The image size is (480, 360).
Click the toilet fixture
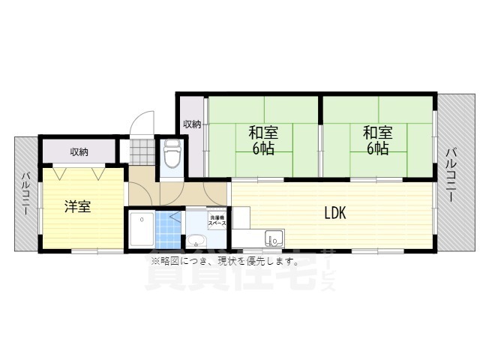(171, 154)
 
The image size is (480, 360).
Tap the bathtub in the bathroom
(139, 229)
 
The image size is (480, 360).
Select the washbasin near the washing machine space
(197, 240)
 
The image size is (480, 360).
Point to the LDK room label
(334, 213)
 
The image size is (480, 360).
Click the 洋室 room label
(77, 206)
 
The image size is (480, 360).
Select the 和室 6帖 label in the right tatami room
(376, 140)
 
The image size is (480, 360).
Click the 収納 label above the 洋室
(79, 151)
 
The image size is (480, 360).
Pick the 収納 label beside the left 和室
(192, 124)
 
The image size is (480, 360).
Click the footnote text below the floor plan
(225, 262)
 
